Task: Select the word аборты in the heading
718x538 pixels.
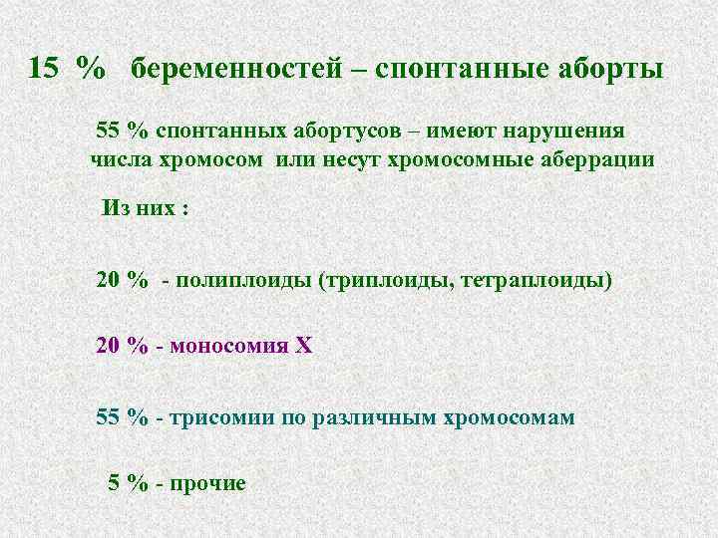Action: (602, 69)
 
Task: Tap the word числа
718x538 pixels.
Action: (125, 158)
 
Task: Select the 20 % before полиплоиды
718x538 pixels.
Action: (123, 280)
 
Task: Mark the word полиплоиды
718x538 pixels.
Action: (243, 280)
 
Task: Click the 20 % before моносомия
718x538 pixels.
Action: (123, 346)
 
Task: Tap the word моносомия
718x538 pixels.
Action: (226, 346)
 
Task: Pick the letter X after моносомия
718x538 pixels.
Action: (303, 346)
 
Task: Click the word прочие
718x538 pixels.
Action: (207, 483)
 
